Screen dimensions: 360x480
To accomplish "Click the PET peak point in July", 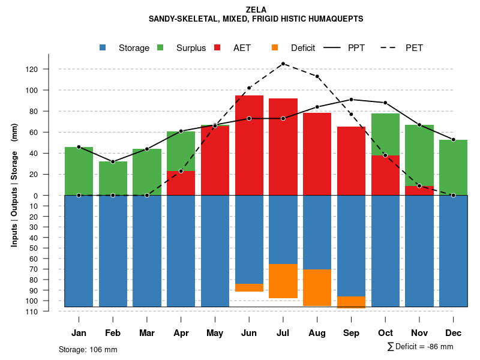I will pos(283,64).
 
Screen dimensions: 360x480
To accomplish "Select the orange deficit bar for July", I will pos(283,281).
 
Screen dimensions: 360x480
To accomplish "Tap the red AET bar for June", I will pos(249,144).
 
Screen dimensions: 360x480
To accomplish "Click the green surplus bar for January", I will pos(79,171).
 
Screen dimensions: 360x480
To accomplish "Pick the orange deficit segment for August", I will pos(317,287).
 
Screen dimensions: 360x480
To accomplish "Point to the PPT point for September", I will pos(351,100).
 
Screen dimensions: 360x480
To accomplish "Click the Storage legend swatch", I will pos(103,47).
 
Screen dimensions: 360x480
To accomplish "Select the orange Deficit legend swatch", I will pos(275,47).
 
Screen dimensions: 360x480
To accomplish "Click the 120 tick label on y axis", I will pos(49,69).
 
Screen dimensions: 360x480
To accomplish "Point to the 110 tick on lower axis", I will pos(49,311).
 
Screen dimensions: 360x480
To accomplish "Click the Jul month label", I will pos(283,333).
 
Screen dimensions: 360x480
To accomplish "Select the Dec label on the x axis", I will pos(454,333).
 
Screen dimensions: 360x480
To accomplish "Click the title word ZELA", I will pos(256,10).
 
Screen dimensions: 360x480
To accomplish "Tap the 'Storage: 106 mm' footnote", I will pos(88,349).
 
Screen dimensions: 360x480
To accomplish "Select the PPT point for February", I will pos(113,161).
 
